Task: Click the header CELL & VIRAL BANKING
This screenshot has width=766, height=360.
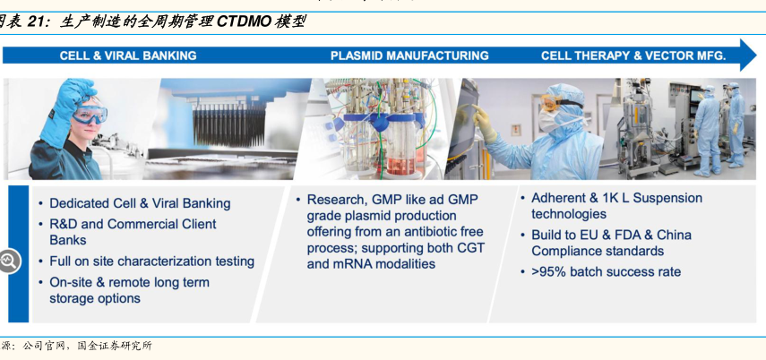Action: [128, 56]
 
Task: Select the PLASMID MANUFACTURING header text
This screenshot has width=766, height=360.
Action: [409, 56]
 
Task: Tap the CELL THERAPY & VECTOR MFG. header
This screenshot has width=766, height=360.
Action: [633, 56]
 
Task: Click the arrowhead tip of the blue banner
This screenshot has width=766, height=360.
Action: [756, 56]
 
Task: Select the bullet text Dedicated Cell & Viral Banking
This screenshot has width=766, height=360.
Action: [140, 203]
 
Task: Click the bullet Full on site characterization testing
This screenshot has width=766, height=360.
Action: [152, 261]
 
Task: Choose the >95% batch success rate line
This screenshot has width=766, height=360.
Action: [606, 271]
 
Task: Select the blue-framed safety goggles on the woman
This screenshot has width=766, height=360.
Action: [89, 115]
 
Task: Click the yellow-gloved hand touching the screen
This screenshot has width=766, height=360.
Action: [482, 122]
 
